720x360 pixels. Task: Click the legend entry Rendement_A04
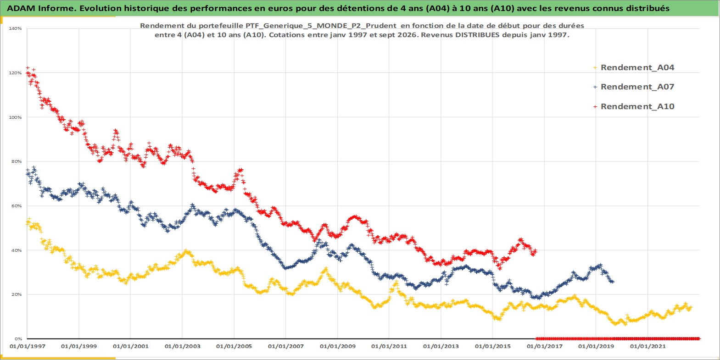point(637,67)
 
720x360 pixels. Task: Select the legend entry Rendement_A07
point(637,87)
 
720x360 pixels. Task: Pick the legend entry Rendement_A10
point(637,106)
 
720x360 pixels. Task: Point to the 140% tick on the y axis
point(15,28)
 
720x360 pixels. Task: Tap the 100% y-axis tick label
point(15,117)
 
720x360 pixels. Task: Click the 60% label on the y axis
point(17,206)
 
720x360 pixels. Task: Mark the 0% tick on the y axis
point(18,339)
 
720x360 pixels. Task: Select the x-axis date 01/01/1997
point(28,346)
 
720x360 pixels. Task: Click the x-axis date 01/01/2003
point(182,346)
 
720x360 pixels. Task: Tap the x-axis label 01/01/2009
point(337,346)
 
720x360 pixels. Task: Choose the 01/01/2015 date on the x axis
point(492,346)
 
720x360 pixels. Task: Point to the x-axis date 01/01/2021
point(647,346)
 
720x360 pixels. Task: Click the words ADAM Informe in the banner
point(41,8)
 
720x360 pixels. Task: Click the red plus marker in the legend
point(595,106)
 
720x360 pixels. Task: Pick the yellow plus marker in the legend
point(595,68)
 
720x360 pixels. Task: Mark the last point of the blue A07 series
point(613,282)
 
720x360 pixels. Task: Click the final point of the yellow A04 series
point(691,307)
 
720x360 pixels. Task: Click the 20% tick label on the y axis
point(17,294)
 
